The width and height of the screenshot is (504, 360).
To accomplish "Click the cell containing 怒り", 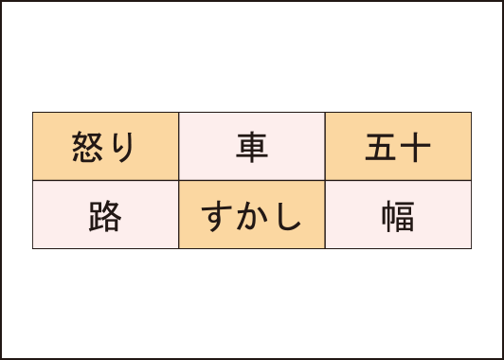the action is (105, 147).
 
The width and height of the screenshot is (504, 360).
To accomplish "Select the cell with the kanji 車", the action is (252, 147).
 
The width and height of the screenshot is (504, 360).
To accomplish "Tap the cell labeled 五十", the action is (398, 147).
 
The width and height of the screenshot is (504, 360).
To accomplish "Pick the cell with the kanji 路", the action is (105, 215).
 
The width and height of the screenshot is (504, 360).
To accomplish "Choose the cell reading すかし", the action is (252, 215).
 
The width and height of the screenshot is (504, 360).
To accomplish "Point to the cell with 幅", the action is (398, 215).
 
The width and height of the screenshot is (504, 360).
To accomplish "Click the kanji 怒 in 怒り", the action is (90, 148).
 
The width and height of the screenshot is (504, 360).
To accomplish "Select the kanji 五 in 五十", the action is (381, 148).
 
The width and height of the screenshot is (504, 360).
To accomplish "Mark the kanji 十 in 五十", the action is (415, 148).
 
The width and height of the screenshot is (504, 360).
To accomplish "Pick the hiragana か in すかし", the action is (251, 216).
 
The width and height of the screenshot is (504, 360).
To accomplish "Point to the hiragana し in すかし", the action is (287, 216).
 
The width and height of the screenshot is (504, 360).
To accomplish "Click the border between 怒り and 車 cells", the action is (179, 147).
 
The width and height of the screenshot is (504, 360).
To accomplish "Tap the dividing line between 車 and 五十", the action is (325, 147).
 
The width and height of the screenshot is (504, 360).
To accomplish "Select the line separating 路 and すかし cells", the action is (179, 215).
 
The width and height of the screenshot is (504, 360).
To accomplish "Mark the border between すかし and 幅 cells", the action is (325, 215).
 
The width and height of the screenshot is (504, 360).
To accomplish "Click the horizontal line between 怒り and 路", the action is (105, 180).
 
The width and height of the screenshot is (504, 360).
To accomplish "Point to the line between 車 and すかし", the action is (252, 180).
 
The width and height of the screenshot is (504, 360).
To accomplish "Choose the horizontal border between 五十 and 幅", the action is (398, 180).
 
